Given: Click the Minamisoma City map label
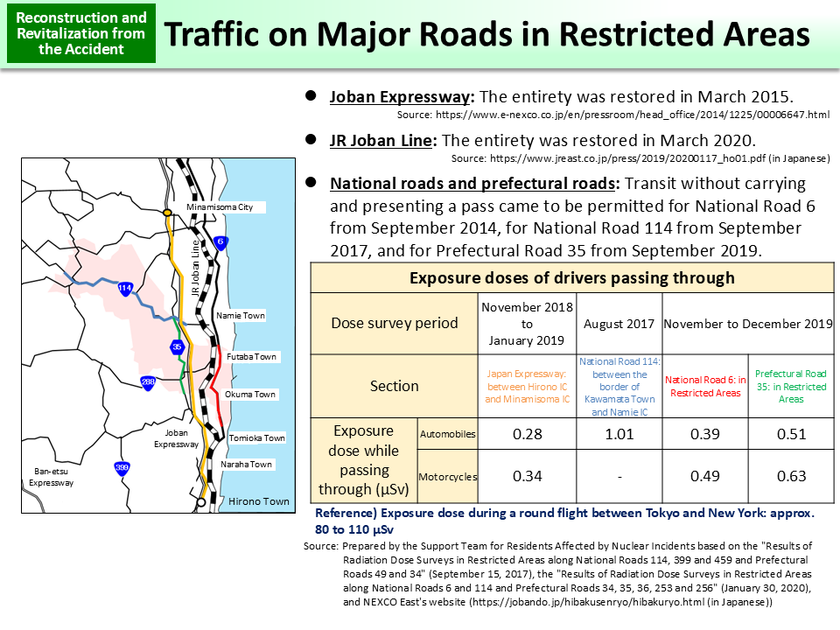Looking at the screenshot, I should click(220, 206).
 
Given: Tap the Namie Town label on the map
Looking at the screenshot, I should click(240, 315).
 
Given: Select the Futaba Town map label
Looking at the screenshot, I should click(251, 357).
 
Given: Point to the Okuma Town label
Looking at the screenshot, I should click(250, 395).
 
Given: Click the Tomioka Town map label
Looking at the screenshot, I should click(256, 437).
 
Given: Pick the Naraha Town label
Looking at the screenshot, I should click(246, 464).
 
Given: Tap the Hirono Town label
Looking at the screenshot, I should click(258, 501).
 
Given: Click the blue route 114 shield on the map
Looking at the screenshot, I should click(124, 287).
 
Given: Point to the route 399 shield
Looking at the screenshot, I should click(122, 468).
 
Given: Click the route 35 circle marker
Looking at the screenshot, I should click(177, 346).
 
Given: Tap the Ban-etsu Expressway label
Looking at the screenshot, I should click(51, 477).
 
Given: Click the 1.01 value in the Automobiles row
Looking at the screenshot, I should click(619, 434).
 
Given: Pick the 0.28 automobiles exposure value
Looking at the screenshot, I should click(527, 434).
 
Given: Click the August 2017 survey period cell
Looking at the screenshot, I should click(619, 323).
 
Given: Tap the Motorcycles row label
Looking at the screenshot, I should click(448, 477).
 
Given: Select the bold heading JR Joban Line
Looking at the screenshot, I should click(381, 140).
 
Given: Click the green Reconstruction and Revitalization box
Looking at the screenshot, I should click(81, 33).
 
